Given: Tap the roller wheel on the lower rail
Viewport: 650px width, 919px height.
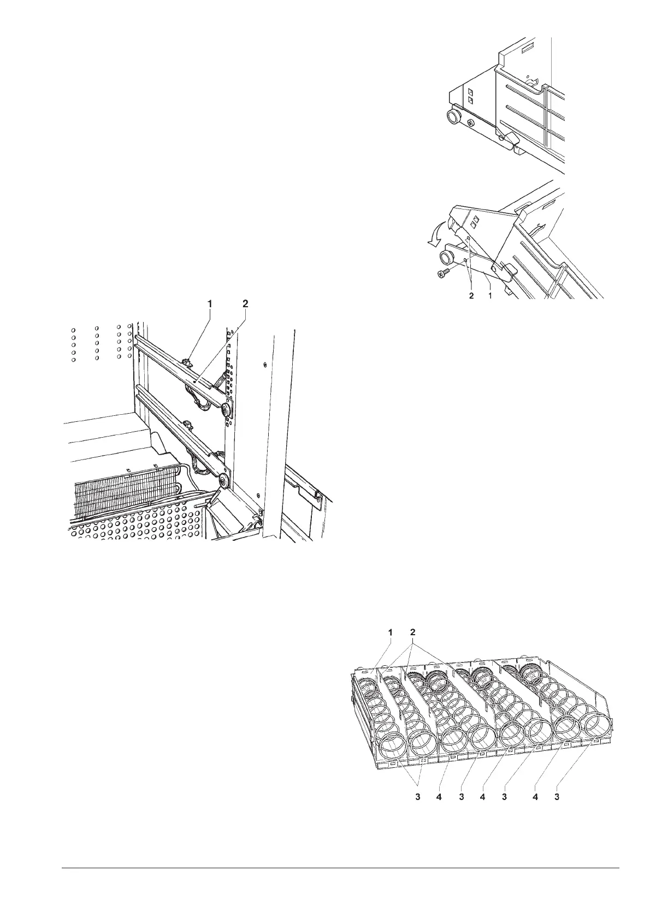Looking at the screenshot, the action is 223,481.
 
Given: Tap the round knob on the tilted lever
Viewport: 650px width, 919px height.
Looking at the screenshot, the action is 446,256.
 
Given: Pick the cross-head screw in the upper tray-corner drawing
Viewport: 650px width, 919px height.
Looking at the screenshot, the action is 471,123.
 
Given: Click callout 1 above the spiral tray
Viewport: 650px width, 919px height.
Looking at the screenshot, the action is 391,632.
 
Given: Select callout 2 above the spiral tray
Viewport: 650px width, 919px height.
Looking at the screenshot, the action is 413,632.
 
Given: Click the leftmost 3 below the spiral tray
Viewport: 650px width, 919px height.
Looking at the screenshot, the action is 418,797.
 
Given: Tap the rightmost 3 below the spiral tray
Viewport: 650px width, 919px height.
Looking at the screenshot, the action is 557,797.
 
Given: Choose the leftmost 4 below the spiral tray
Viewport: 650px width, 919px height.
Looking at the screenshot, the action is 439,797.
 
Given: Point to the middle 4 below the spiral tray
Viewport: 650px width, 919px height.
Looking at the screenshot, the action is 483,797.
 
